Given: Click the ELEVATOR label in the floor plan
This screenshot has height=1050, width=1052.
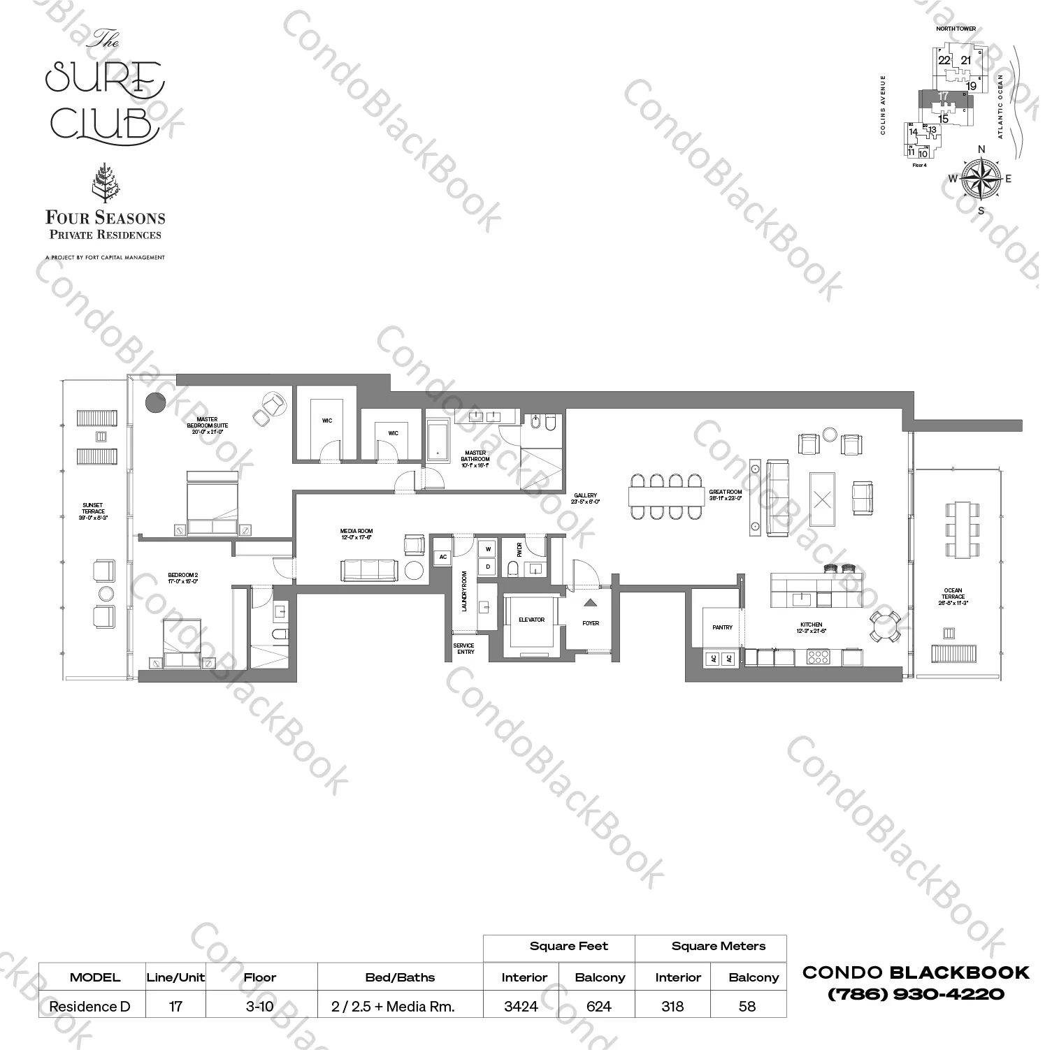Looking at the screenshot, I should point(531,620).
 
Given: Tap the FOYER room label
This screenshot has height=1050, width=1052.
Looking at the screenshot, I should point(591,623).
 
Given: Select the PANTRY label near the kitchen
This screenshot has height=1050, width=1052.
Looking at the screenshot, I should point(722,627).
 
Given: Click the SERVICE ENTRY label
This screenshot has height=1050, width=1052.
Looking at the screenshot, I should point(464,649).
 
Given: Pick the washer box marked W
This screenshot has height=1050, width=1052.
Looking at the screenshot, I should point(489,550).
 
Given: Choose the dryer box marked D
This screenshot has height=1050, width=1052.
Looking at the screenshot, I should point(489,567).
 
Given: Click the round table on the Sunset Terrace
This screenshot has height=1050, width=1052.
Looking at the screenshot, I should point(106,594).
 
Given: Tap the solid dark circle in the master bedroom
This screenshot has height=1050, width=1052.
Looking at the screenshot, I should point(155,402).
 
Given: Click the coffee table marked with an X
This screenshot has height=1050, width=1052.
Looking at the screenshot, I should point(823,500).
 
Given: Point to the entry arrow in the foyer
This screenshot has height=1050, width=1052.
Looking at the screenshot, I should point(591,602).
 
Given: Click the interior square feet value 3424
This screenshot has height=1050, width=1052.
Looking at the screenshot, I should point(521,1007).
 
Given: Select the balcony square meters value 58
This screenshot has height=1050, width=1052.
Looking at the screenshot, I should point(747,1007).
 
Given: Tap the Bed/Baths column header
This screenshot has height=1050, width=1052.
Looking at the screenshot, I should point(400,977).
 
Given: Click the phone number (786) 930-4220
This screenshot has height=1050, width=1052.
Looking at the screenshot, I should point(916,993).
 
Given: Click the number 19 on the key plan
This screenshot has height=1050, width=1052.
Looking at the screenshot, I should point(971,87).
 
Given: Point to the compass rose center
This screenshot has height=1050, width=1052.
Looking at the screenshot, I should point(981,179).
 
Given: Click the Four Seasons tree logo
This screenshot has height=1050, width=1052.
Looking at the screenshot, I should point(106,183).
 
